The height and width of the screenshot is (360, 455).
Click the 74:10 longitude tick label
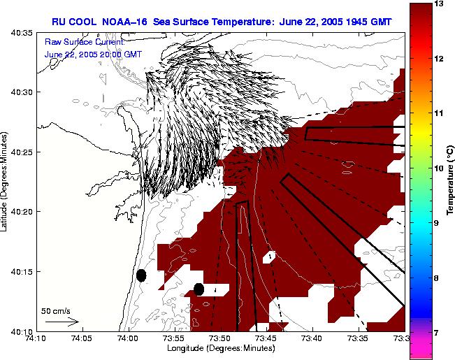[36, 338]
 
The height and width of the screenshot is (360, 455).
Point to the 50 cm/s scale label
[56, 311]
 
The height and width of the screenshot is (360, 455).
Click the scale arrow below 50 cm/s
[62, 322]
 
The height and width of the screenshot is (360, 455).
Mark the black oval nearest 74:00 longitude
[141, 275]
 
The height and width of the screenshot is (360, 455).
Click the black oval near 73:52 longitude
[198, 289]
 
